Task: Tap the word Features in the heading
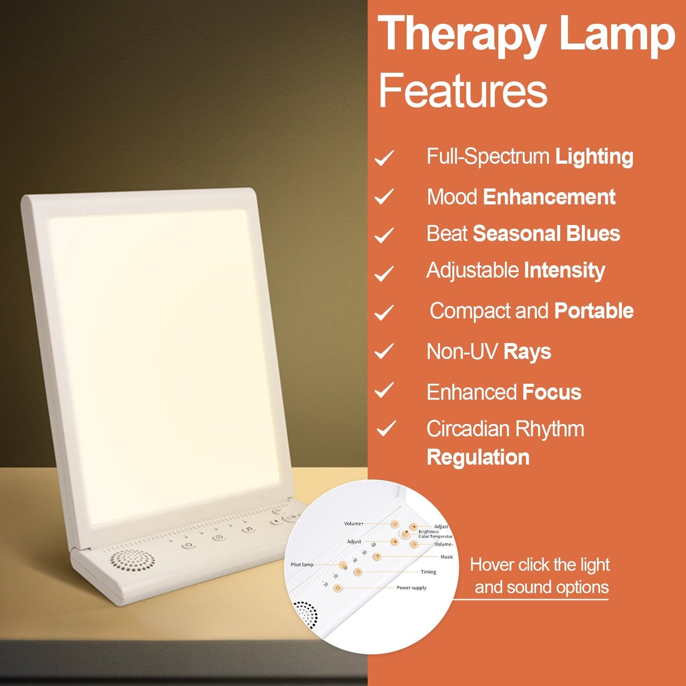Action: pos(463,90)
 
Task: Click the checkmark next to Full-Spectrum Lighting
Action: pos(384,158)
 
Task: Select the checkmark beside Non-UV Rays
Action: pos(384,352)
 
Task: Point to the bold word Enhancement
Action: pos(549,197)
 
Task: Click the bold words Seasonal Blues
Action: pos(546,234)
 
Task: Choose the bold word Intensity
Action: pos(564,271)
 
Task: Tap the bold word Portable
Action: pos(594,311)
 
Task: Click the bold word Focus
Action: pos(552,393)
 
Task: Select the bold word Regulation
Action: pos(478,457)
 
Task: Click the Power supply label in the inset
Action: pos(411,588)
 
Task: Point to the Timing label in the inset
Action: pos(428,572)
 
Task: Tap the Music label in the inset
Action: pos(447,557)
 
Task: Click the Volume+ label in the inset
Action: pos(354,524)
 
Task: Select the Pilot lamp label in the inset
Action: pos(302,564)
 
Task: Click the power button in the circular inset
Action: pos(338,588)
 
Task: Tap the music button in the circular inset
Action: pos(377,557)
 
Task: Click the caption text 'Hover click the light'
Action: pos(540,565)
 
